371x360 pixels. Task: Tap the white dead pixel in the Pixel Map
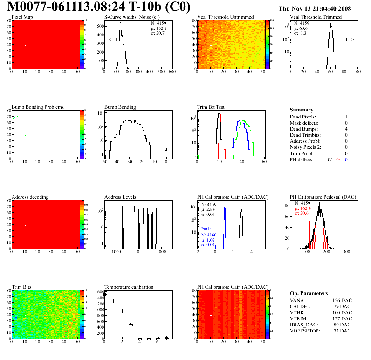pyautogui.click(x=26, y=45)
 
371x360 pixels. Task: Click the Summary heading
pyautogui.click(x=302, y=110)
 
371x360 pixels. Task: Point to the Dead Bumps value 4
pyautogui.click(x=346, y=129)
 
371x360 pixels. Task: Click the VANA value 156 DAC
pyautogui.click(x=342, y=300)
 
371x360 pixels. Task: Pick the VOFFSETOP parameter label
pyautogui.click(x=306, y=331)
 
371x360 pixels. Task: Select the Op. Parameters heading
pyautogui.click(x=309, y=293)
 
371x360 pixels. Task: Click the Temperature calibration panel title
pyautogui.click(x=129, y=287)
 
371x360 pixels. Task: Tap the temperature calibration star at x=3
pyautogui.click(x=131, y=324)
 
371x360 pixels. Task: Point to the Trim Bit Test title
pyautogui.click(x=211, y=107)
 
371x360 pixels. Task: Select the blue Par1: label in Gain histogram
pyautogui.click(x=207, y=229)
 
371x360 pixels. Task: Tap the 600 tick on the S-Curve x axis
pyautogui.click(x=172, y=72)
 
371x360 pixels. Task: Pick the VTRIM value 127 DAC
pyautogui.click(x=342, y=318)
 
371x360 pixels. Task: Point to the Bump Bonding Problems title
pyautogui.click(x=38, y=107)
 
